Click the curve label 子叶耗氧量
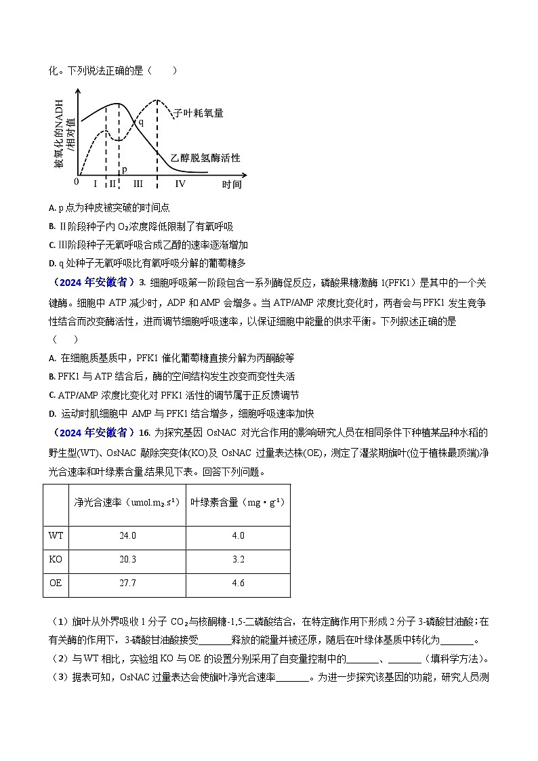(199, 113)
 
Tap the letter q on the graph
(141, 123)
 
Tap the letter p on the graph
(124, 169)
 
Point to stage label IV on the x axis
(180, 184)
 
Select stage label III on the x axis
(138, 184)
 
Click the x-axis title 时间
(231, 184)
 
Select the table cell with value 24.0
(127, 535)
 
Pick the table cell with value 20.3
(127, 559)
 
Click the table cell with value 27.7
(127, 582)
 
